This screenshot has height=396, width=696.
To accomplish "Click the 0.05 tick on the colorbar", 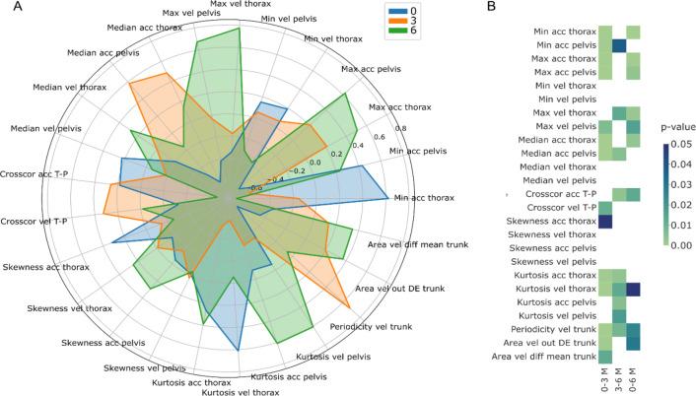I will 682,143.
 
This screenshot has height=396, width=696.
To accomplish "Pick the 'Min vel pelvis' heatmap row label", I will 565,99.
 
